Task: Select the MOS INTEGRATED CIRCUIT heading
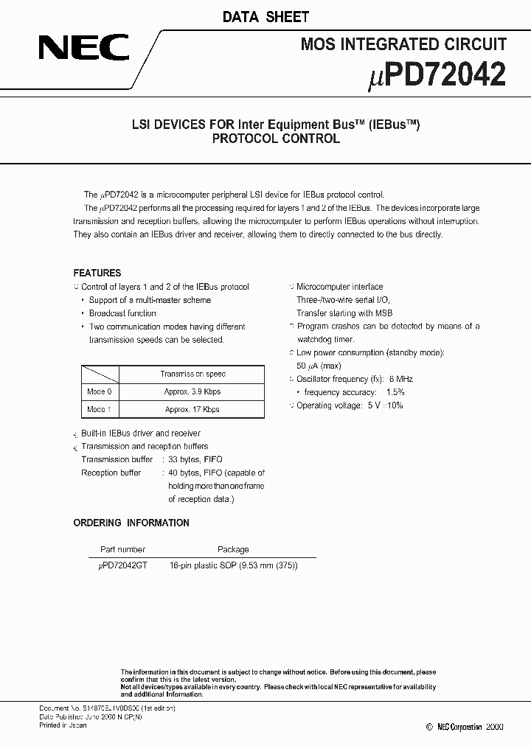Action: click(403, 45)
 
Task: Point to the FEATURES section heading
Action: click(97, 273)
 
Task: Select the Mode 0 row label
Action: click(100, 391)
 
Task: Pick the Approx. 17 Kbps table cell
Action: click(192, 409)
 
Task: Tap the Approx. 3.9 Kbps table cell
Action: click(192, 391)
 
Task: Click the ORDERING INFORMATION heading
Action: click(131, 523)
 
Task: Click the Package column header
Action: click(233, 549)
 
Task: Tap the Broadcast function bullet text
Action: click(122, 313)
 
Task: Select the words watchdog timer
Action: click(325, 339)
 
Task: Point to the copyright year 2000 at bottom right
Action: click(493, 727)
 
